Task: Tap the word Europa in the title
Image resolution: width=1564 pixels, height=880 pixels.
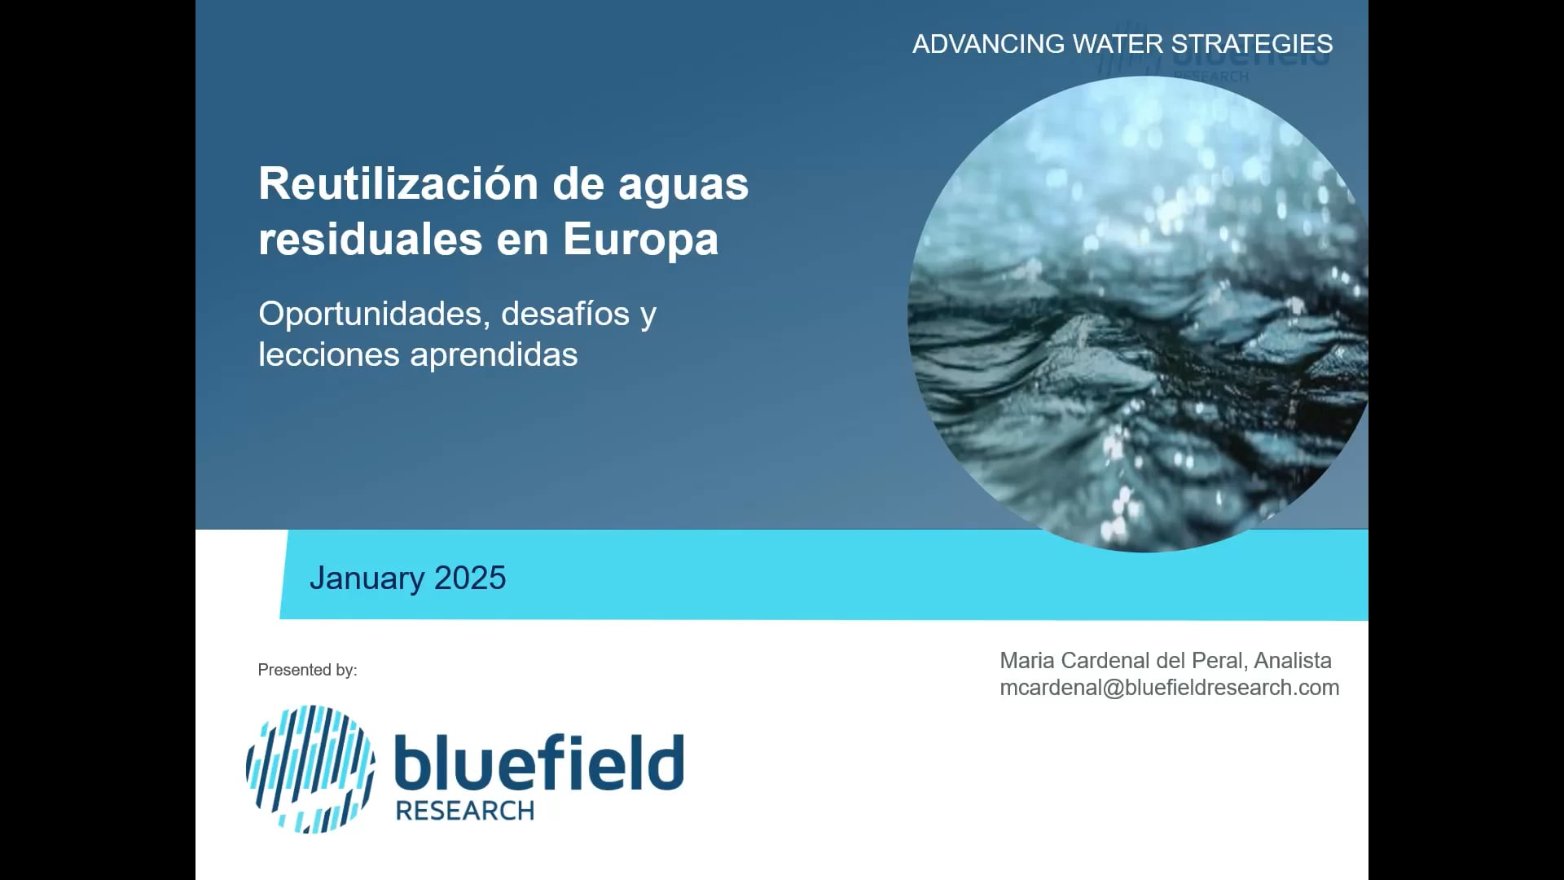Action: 640,240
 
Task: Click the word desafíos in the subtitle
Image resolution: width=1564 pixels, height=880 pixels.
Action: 565,315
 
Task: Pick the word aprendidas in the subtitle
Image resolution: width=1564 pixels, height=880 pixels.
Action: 494,355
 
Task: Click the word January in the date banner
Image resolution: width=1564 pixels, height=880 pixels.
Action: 367,579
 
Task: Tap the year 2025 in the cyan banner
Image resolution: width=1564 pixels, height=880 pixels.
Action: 470,579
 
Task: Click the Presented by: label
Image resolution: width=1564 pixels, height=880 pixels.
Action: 307,670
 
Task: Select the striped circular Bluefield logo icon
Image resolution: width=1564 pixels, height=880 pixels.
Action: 310,769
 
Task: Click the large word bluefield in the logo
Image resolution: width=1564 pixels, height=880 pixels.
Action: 538,763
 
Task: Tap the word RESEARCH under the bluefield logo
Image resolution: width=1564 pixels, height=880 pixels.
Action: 464,812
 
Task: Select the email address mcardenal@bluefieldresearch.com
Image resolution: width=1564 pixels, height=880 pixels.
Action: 1169,688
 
